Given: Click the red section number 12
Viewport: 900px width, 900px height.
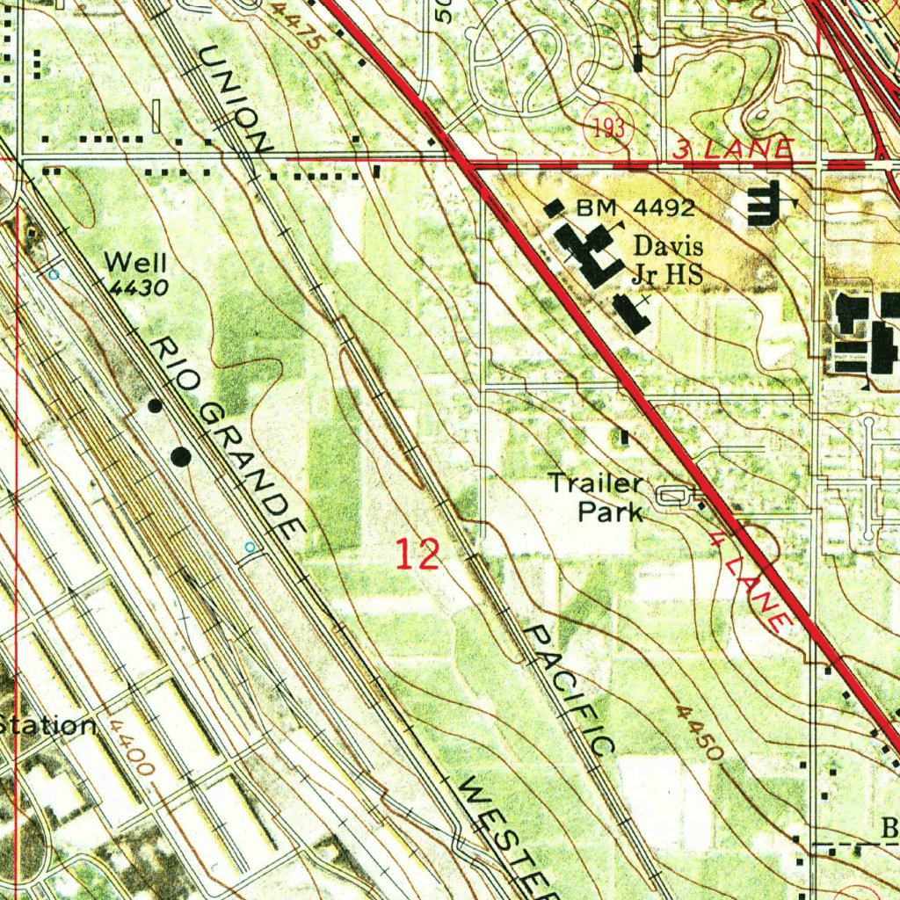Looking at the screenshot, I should pos(417,555).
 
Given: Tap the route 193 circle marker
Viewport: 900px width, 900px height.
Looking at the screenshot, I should pos(608,128).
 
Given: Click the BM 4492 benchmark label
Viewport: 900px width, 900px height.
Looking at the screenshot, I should pos(636,208).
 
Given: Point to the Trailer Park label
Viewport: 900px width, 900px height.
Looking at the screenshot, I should pos(597,497).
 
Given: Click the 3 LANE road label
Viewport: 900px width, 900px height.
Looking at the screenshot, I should pos(733,149).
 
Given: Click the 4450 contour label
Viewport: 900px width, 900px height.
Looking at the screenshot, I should pos(700,731).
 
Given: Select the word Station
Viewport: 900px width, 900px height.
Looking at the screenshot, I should pos(48,726).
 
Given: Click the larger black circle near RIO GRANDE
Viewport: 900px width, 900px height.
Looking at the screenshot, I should pos(181,456).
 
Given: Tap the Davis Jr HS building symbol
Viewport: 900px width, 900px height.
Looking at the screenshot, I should pos(591,254).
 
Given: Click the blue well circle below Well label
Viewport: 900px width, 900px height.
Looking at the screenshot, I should pos(54,274).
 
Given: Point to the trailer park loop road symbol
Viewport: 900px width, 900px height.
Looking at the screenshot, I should pos(674,497).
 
